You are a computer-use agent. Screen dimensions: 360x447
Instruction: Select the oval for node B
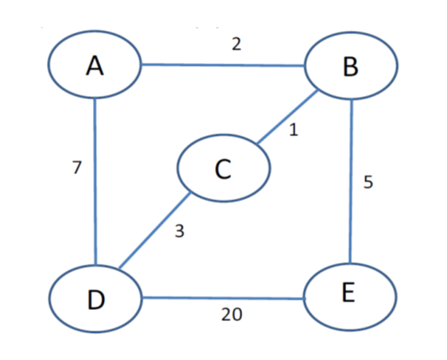pos(350,67)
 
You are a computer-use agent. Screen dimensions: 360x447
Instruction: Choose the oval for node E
pos(349,295)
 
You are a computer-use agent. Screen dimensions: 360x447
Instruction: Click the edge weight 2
pos(236,45)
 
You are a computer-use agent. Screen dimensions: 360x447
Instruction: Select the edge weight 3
pos(179,232)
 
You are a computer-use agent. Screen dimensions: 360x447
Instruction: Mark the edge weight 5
pos(368,182)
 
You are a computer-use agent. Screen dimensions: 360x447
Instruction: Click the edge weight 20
pos(232,315)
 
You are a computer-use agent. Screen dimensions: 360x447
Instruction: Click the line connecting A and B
pos(222,65)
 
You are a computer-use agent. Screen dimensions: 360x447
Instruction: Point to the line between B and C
pos(287,118)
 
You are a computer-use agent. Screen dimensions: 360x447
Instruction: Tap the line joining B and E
pos(350,183)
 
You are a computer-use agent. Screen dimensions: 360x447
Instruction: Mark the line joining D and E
pos(222,299)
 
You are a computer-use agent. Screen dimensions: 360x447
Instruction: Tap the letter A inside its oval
pos(94,66)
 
